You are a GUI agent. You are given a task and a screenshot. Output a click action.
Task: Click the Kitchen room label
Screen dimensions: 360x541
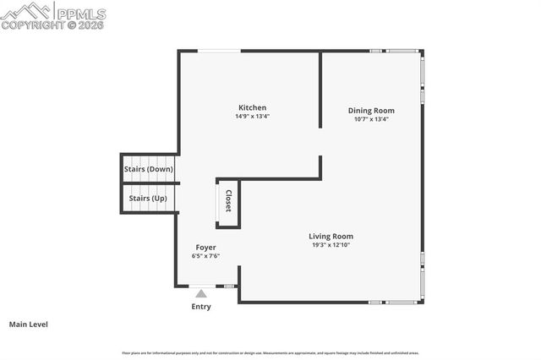pyautogui.click(x=252, y=107)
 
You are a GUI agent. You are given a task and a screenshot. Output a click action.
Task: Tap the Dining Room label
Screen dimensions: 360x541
pyautogui.click(x=371, y=111)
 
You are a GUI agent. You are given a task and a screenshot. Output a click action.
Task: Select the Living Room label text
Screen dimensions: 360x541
pyautogui.click(x=331, y=237)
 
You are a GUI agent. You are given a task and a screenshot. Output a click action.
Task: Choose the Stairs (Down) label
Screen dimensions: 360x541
pyautogui.click(x=149, y=169)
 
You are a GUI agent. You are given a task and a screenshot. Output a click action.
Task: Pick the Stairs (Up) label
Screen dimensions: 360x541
pyautogui.click(x=147, y=199)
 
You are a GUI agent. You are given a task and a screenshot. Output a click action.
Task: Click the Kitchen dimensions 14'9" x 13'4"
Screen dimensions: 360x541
pyautogui.click(x=252, y=117)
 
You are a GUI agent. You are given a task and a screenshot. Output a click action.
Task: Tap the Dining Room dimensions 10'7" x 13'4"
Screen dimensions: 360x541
pyautogui.click(x=371, y=119)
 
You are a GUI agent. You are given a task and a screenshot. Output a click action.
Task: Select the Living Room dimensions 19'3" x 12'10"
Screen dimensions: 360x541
pyautogui.click(x=331, y=245)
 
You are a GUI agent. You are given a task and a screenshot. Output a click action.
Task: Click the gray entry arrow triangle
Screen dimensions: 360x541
pyautogui.click(x=200, y=293)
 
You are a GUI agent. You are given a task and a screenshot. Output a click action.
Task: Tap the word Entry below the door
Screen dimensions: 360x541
pyautogui.click(x=200, y=307)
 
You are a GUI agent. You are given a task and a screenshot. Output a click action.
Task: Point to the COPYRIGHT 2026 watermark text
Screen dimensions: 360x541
pyautogui.click(x=53, y=25)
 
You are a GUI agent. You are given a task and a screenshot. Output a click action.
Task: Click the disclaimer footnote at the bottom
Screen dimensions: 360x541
pyautogui.click(x=270, y=352)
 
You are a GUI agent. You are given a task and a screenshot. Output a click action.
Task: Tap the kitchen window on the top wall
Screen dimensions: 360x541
pyautogui.click(x=218, y=51)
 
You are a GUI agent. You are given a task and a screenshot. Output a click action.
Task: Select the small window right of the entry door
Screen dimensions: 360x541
pyautogui.click(x=228, y=286)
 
